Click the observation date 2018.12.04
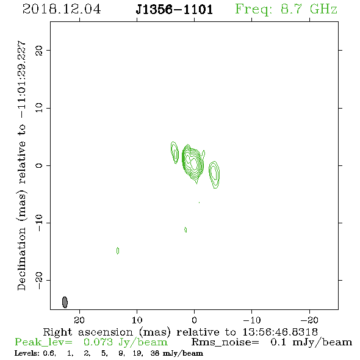(x=62, y=9)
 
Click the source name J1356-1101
(x=175, y=10)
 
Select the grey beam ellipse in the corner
(x=65, y=302)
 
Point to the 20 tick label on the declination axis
(x=39, y=51)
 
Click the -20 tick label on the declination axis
(x=39, y=280)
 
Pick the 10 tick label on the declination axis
(x=39, y=108)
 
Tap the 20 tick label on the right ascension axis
(x=79, y=320)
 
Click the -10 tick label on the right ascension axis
(x=252, y=320)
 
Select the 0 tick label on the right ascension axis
(x=195, y=320)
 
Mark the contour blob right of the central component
(x=214, y=175)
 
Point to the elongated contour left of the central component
(x=175, y=153)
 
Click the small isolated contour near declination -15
(x=118, y=251)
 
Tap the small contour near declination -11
(x=185, y=229)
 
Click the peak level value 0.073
(x=98, y=342)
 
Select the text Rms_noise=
(x=225, y=342)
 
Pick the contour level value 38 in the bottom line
(x=155, y=353)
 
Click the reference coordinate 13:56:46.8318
(x=280, y=332)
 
